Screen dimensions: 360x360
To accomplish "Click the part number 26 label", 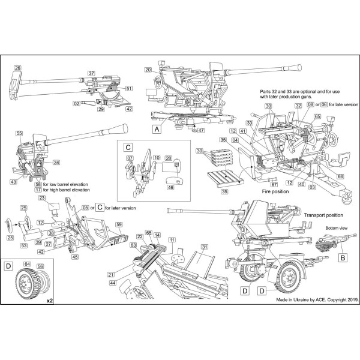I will tap(17, 68).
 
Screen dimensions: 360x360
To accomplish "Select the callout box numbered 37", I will tap(92, 74).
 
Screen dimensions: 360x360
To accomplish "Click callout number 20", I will tap(148, 70).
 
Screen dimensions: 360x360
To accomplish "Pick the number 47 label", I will tap(201, 130).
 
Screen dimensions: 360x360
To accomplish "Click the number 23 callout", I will tap(43, 198).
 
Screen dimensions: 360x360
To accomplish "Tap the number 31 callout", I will tap(204, 247).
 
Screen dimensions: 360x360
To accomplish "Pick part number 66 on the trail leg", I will tap(340, 176).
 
